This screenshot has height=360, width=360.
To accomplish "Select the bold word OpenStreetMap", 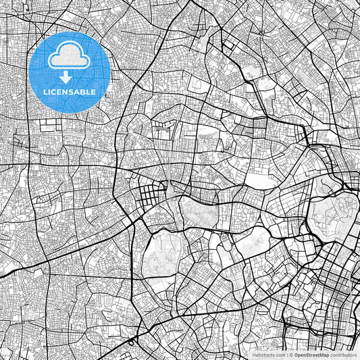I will click(x=311, y=355).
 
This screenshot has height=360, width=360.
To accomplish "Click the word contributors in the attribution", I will click(x=343, y=355).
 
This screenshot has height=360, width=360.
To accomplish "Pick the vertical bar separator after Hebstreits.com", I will click(x=284, y=355).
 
